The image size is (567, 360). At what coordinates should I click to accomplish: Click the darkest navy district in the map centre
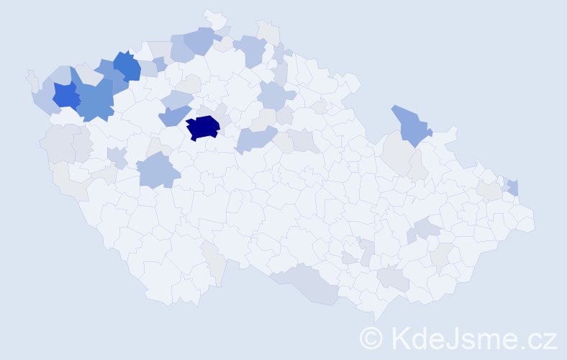click(203, 127)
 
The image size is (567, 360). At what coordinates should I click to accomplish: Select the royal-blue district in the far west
click(65, 95)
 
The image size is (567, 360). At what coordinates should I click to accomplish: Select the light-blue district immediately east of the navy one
click(255, 138)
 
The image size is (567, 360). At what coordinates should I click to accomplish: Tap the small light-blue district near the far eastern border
click(513, 187)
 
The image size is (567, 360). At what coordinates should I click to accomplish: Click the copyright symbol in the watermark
click(372, 338)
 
